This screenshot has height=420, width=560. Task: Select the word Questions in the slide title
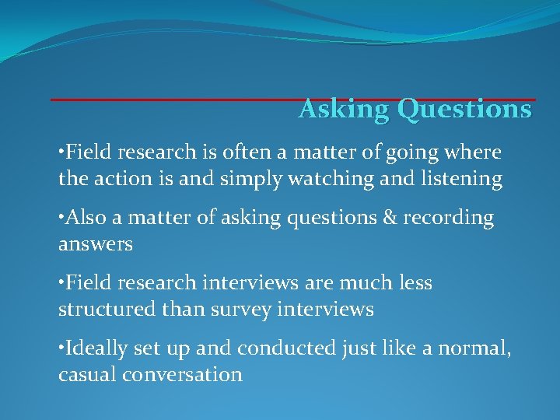(x=464, y=110)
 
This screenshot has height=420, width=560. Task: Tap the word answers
(x=96, y=244)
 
